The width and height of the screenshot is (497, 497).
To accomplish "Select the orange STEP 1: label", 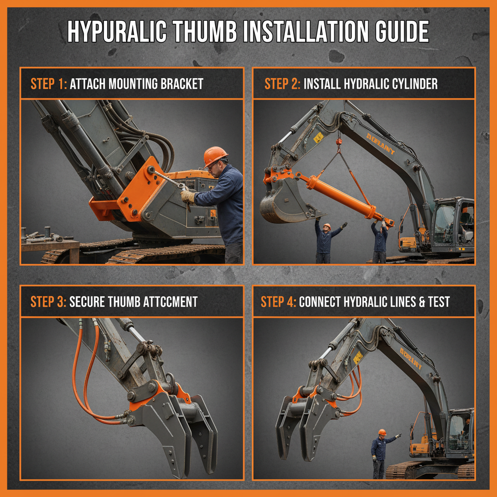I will [49, 83].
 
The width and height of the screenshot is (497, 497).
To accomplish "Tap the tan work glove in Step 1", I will [188, 196].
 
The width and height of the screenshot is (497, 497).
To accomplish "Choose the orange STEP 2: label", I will [282, 83].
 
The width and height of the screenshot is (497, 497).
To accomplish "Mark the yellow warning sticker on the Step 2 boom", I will [318, 138].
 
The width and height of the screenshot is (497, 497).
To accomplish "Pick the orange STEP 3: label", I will [49, 301].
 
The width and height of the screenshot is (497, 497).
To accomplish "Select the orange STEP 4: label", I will [279, 301].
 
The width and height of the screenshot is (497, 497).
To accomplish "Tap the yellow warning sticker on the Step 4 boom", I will [358, 358].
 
